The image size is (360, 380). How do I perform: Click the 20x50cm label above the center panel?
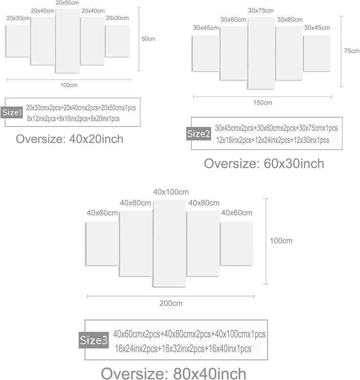[67, 3]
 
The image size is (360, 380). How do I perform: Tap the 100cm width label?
[69, 85]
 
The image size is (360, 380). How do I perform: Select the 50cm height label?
[149, 39]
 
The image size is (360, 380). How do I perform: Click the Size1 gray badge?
[12, 112]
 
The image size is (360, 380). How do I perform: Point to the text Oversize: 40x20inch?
[69, 139]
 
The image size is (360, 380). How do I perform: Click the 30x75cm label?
[261, 11]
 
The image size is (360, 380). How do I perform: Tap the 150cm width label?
[263, 103]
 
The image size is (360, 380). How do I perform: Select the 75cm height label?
[352, 51]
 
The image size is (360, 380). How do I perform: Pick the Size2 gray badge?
[199, 134]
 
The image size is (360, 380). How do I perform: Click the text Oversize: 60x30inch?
[264, 164]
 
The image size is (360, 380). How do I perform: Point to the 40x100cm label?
[171, 192]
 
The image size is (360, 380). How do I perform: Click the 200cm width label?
[171, 303]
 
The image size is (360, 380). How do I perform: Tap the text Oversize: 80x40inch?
[173, 373]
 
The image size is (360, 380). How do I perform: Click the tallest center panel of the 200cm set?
[169, 243]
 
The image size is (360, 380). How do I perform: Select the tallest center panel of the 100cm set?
[68, 41]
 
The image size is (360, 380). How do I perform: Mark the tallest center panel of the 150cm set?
[261, 53]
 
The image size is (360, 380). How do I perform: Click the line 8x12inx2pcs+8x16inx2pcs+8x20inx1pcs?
[73, 119]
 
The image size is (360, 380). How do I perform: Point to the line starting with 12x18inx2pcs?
[273, 140]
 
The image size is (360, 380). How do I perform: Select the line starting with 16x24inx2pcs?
[183, 349]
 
